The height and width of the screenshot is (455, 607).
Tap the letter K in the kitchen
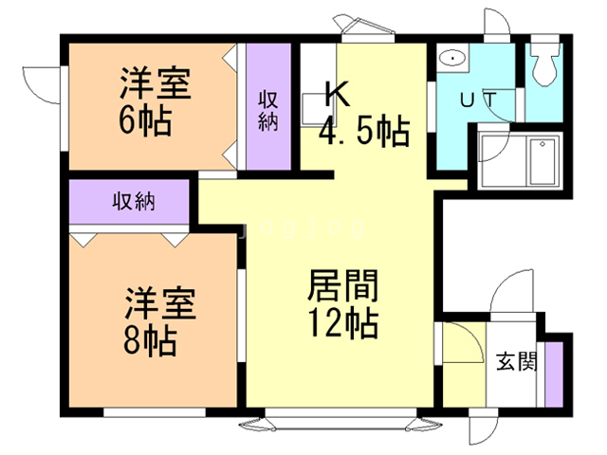[336, 94]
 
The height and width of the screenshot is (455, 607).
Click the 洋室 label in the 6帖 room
[156, 84]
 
